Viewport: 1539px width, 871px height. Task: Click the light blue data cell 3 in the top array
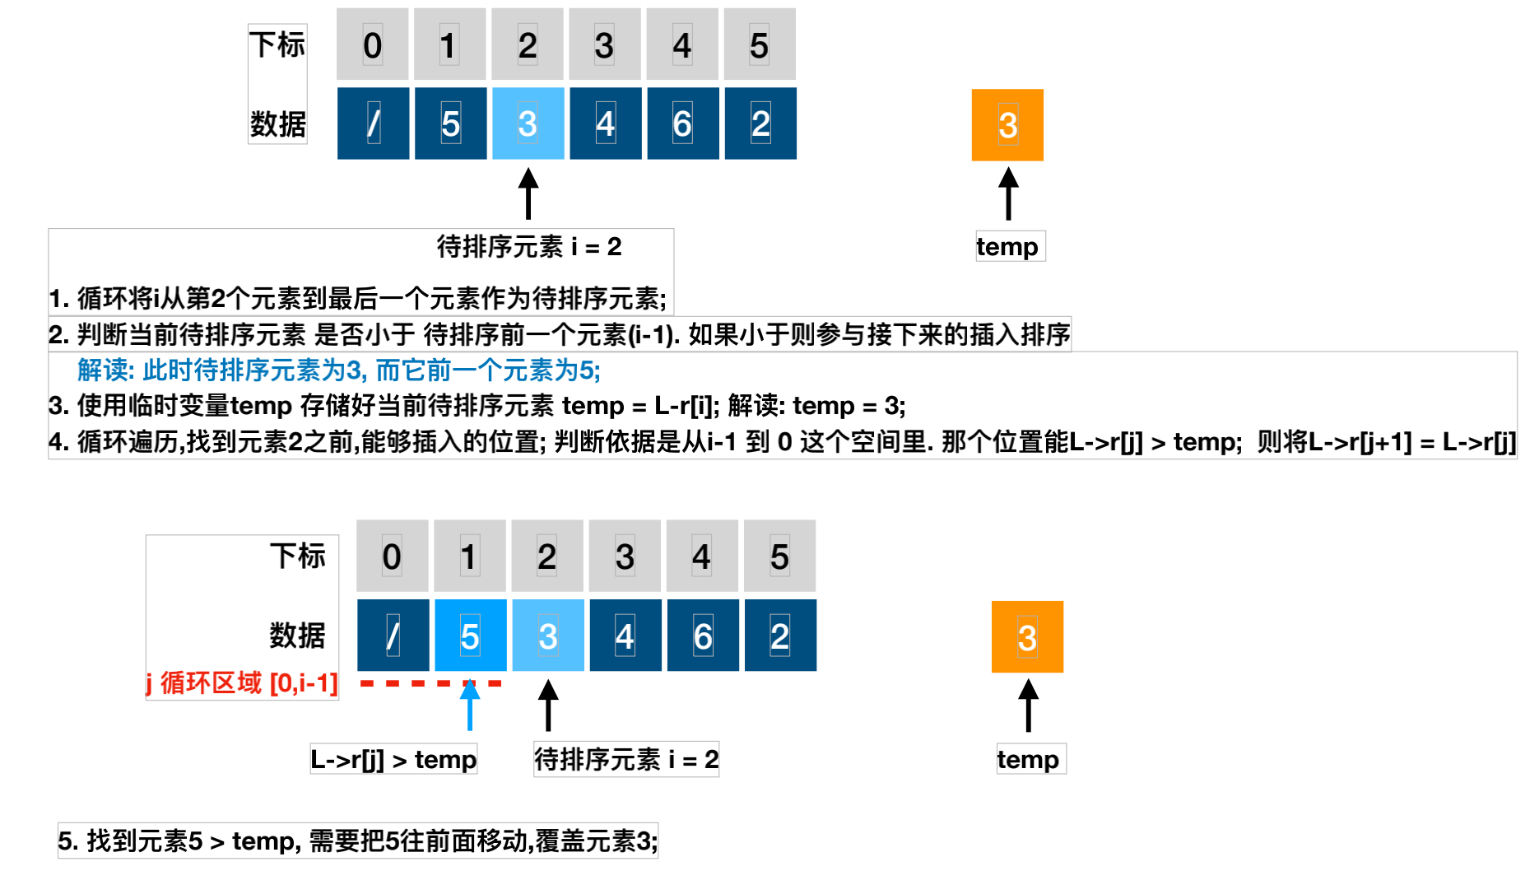pyautogui.click(x=528, y=123)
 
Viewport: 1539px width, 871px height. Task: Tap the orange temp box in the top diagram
pyautogui.click(x=1007, y=125)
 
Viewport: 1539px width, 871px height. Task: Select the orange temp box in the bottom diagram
pyautogui.click(x=1027, y=636)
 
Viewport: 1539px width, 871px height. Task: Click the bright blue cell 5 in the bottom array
pyautogui.click(x=470, y=636)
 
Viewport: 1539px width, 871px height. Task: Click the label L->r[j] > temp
pyautogui.click(x=393, y=759)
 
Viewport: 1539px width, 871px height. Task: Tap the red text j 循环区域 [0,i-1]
pyautogui.click(x=242, y=682)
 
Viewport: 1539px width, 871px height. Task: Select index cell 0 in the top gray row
pyautogui.click(x=372, y=44)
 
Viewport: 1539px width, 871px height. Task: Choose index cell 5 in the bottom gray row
pyautogui.click(x=779, y=557)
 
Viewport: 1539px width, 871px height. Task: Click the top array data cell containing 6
pyautogui.click(x=682, y=123)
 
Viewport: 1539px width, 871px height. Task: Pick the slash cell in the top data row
pyautogui.click(x=373, y=123)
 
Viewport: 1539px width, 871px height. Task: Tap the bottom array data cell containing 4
pyautogui.click(x=625, y=636)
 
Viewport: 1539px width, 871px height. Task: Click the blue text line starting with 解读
pyautogui.click(x=338, y=370)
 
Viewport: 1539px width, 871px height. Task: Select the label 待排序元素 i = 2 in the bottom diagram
pyautogui.click(x=626, y=759)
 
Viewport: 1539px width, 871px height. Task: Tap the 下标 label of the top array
pyautogui.click(x=277, y=44)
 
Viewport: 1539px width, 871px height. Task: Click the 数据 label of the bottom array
pyautogui.click(x=297, y=636)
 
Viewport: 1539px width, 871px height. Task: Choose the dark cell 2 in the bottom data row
pyautogui.click(x=780, y=636)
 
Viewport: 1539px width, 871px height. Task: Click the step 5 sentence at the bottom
pyautogui.click(x=357, y=841)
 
